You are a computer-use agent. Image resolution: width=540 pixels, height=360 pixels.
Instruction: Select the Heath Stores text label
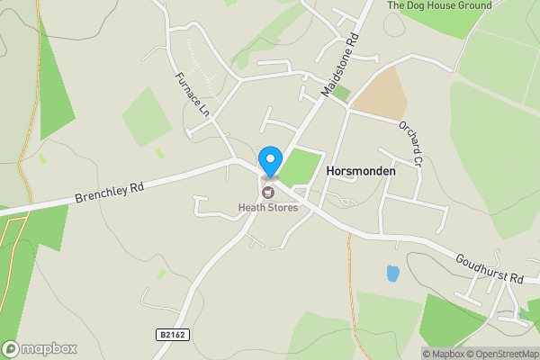pyautogui.click(x=267, y=208)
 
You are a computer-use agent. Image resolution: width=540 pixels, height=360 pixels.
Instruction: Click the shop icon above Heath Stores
pyautogui.click(x=267, y=192)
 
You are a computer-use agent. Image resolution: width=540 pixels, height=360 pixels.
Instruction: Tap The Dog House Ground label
pyautogui.click(x=439, y=5)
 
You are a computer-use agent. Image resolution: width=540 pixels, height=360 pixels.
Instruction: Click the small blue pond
pyautogui.click(x=392, y=273)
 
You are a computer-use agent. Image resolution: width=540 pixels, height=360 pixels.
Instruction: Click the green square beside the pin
pyautogui.click(x=304, y=167)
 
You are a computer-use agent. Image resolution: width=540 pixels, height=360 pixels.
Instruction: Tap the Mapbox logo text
pyautogui.click(x=49, y=348)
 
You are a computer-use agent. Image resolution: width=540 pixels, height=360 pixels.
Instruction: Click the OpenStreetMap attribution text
pyautogui.click(x=502, y=354)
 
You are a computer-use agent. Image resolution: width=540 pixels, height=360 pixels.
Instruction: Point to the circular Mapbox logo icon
pyautogui.click(x=11, y=348)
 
